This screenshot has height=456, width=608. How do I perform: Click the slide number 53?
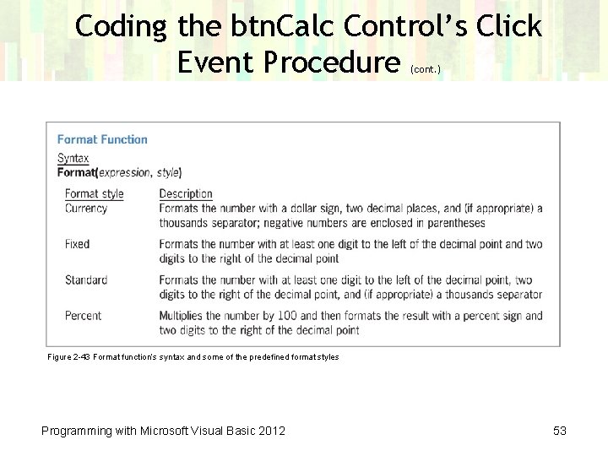[x=559, y=431]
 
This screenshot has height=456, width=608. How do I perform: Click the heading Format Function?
[x=102, y=139]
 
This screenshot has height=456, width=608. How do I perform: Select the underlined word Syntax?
[x=73, y=158]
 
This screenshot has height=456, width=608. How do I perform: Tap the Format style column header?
[x=94, y=194]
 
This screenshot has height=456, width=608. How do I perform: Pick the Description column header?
[x=186, y=194]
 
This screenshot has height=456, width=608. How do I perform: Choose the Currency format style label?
[x=86, y=209]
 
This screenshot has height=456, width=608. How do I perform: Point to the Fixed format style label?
[x=77, y=244]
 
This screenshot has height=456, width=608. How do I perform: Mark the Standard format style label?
[x=86, y=280]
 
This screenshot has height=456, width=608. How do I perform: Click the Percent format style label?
[x=83, y=316]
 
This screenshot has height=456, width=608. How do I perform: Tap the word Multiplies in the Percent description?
[x=183, y=316]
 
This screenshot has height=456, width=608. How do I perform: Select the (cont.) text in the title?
[x=425, y=70]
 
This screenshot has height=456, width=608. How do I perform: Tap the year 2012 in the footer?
[x=271, y=431]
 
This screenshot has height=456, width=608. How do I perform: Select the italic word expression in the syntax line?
[x=125, y=172]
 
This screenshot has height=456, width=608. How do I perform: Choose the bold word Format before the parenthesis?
[x=76, y=172]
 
